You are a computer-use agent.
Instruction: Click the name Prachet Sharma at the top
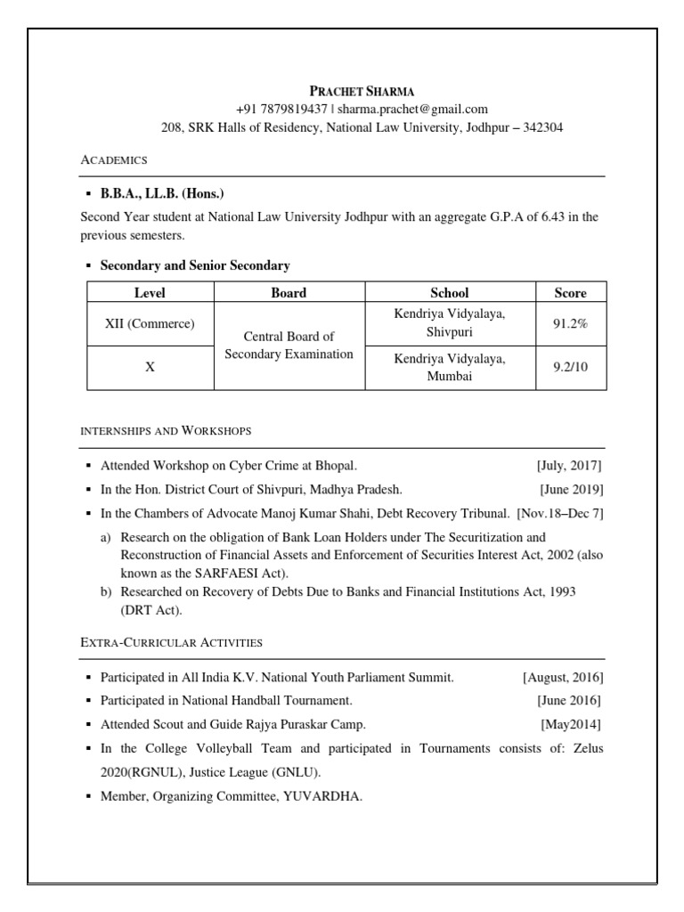point(362,91)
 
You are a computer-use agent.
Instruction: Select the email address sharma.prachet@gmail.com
point(412,109)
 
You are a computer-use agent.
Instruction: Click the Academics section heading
point(114,160)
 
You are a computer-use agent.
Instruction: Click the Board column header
point(289,292)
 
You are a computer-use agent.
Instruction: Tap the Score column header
point(571,292)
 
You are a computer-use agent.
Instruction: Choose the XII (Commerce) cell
point(150,324)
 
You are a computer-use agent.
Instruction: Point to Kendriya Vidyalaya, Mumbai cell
point(450,367)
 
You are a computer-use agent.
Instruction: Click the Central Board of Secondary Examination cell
point(289,346)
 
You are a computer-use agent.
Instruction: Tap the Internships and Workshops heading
point(166,431)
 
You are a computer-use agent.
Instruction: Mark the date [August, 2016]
point(563,678)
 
